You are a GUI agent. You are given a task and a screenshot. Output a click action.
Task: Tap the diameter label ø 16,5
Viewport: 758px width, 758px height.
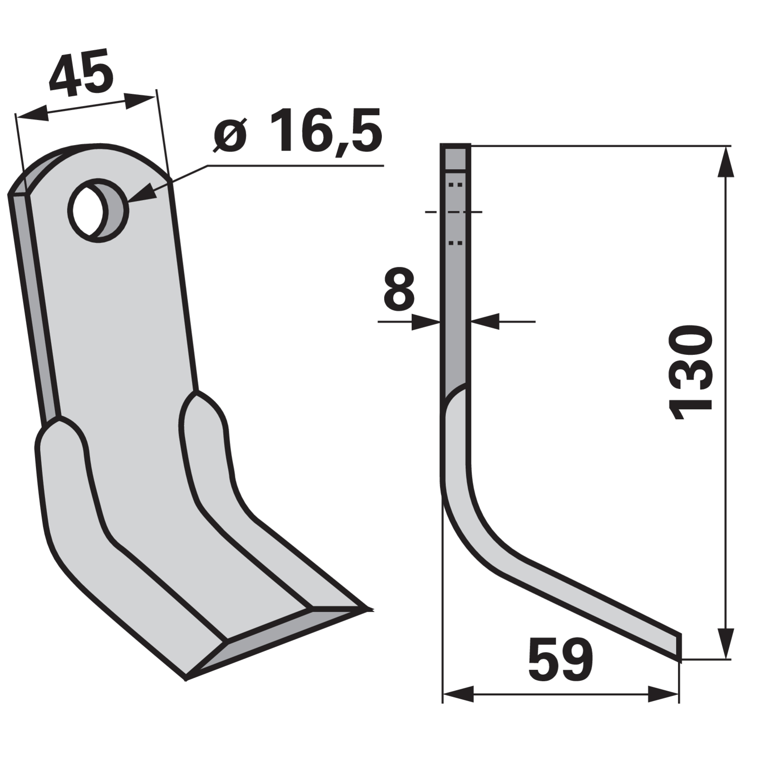click(298, 131)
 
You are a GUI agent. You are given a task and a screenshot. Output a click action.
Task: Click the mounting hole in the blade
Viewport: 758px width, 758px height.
click(99, 210)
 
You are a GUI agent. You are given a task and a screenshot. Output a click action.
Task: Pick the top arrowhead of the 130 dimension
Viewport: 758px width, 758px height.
click(726, 162)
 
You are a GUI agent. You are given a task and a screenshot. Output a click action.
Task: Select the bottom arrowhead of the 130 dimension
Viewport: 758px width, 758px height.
click(726, 642)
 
